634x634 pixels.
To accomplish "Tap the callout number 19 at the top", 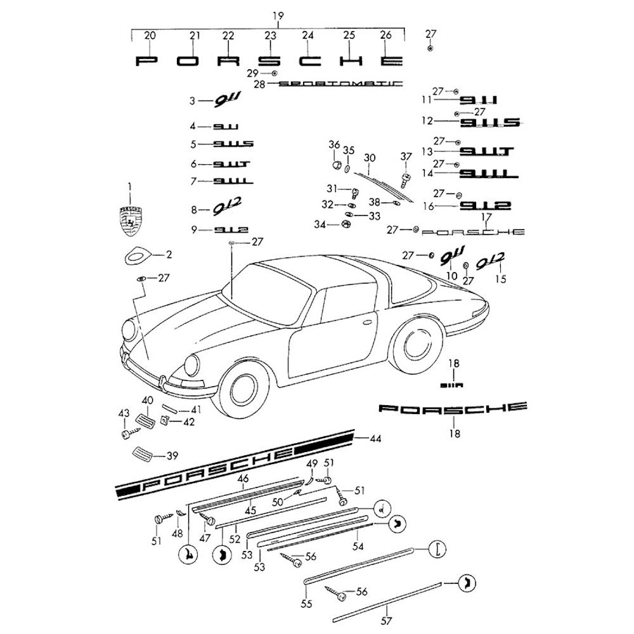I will (x=277, y=15).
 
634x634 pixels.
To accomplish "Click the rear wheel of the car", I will (x=415, y=346).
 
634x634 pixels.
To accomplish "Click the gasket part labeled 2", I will (x=138, y=256).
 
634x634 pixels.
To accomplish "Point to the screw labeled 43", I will (x=127, y=433).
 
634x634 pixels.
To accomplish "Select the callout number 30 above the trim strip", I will (x=370, y=157).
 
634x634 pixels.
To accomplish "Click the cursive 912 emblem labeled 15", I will (x=491, y=261).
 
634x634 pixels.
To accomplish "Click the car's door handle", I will (x=366, y=320).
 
